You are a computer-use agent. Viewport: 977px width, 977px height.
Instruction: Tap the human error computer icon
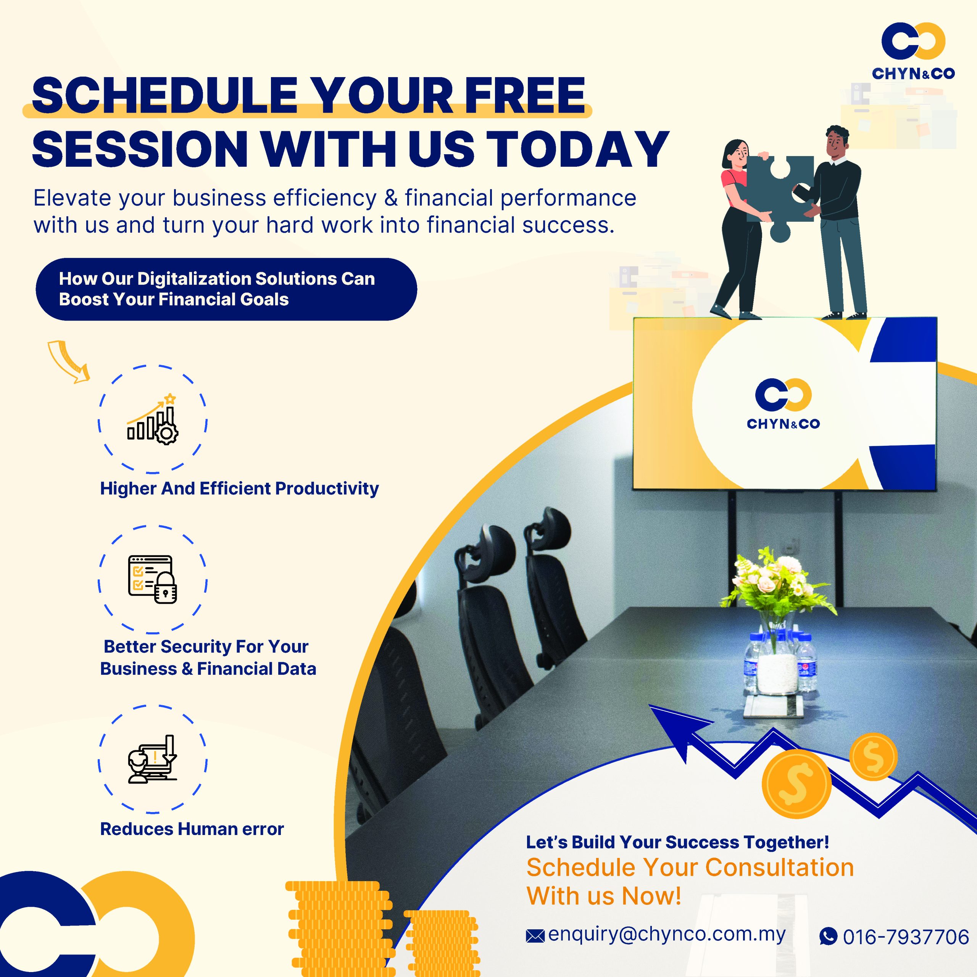(x=152, y=759)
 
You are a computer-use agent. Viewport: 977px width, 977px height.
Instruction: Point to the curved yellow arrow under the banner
(x=68, y=361)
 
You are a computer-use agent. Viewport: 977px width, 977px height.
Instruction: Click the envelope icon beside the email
(x=535, y=936)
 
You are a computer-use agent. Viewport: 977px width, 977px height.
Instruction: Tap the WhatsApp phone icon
(x=828, y=936)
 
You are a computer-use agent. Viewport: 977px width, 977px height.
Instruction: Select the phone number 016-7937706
(x=906, y=937)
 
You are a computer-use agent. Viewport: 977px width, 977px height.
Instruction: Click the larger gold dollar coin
(x=796, y=784)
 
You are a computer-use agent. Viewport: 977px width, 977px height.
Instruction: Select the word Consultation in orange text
(x=779, y=867)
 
